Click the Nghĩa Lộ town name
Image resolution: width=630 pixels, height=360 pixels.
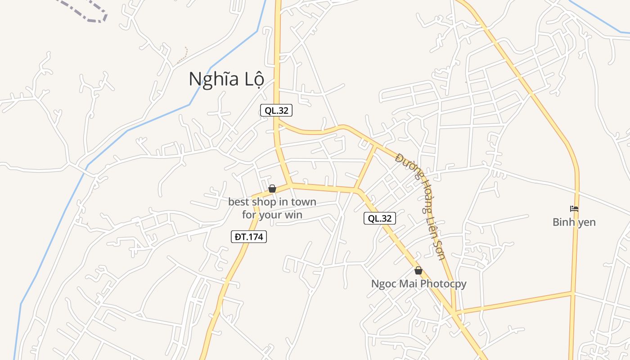(226, 79)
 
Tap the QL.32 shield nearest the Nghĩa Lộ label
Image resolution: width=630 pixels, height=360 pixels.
(276, 110)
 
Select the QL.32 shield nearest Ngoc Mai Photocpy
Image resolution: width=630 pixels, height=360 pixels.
(380, 219)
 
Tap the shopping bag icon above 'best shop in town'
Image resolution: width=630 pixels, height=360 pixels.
(272, 189)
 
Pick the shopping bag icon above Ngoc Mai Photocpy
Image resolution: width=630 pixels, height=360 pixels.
(418, 270)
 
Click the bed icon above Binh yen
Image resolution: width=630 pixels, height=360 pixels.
(574, 209)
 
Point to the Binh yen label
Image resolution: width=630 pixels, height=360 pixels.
(574, 222)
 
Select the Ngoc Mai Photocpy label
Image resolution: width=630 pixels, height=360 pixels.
(418, 284)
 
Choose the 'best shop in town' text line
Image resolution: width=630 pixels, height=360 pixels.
(272, 202)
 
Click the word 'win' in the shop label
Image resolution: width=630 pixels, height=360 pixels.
(293, 215)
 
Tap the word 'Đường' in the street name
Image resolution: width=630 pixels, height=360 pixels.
(405, 165)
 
